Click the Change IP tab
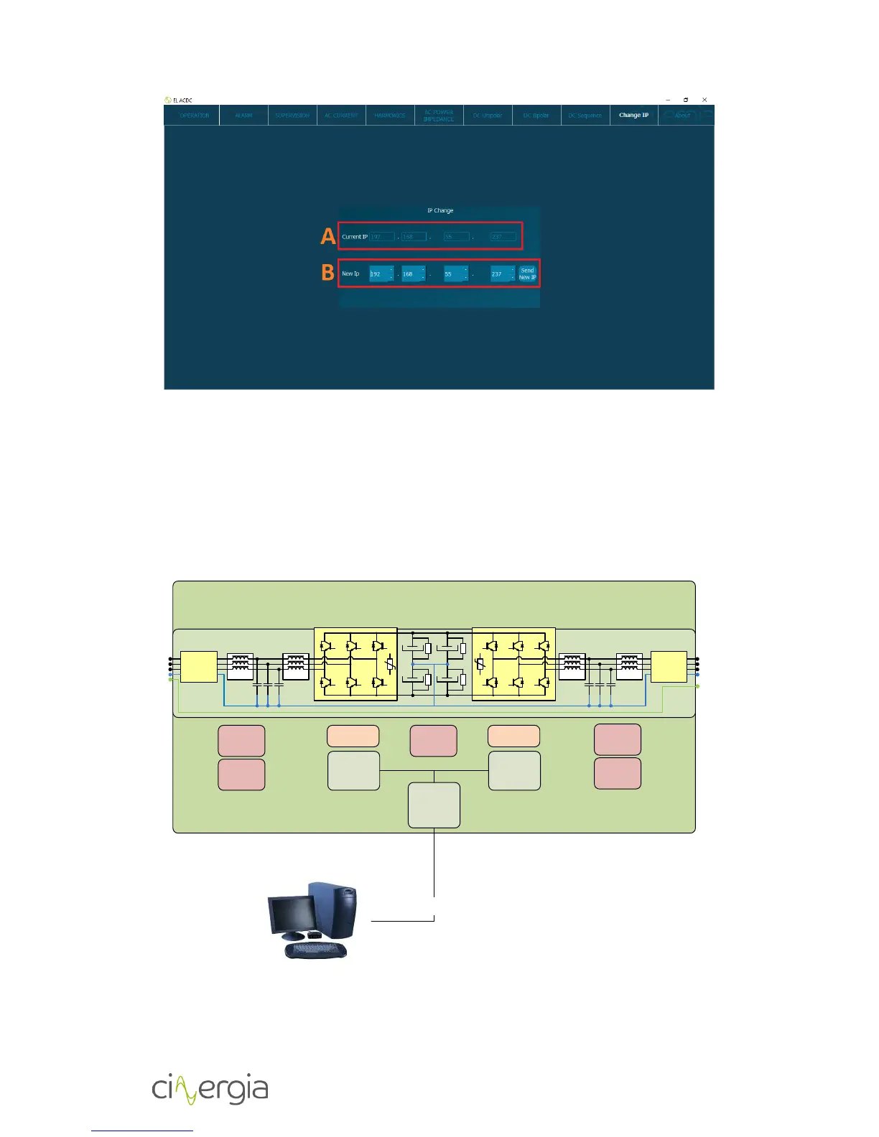coord(633,115)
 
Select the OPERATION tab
coord(194,115)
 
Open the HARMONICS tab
coord(390,115)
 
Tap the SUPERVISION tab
coord(292,115)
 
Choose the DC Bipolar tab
coord(536,115)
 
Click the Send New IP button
coord(527,274)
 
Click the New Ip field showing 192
coord(379,274)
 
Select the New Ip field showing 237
coord(501,274)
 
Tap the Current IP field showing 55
coord(456,236)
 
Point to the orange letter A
coord(328,236)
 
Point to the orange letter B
coord(328,273)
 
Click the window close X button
coord(704,100)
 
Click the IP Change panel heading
coord(440,210)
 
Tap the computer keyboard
coord(316,950)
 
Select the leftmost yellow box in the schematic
coord(199,667)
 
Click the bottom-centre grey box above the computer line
coord(434,805)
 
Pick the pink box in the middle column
coord(433,741)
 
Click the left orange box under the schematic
coord(353,736)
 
